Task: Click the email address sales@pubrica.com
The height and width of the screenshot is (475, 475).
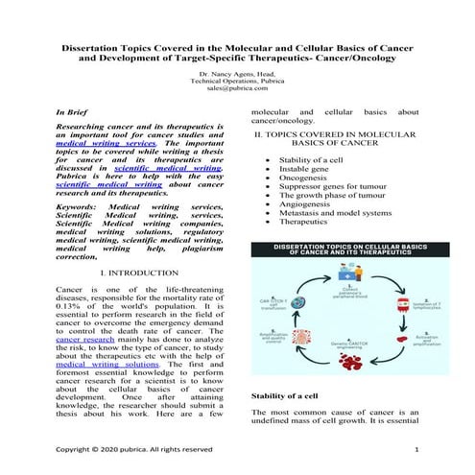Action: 237,87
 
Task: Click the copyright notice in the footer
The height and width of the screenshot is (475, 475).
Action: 134,449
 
